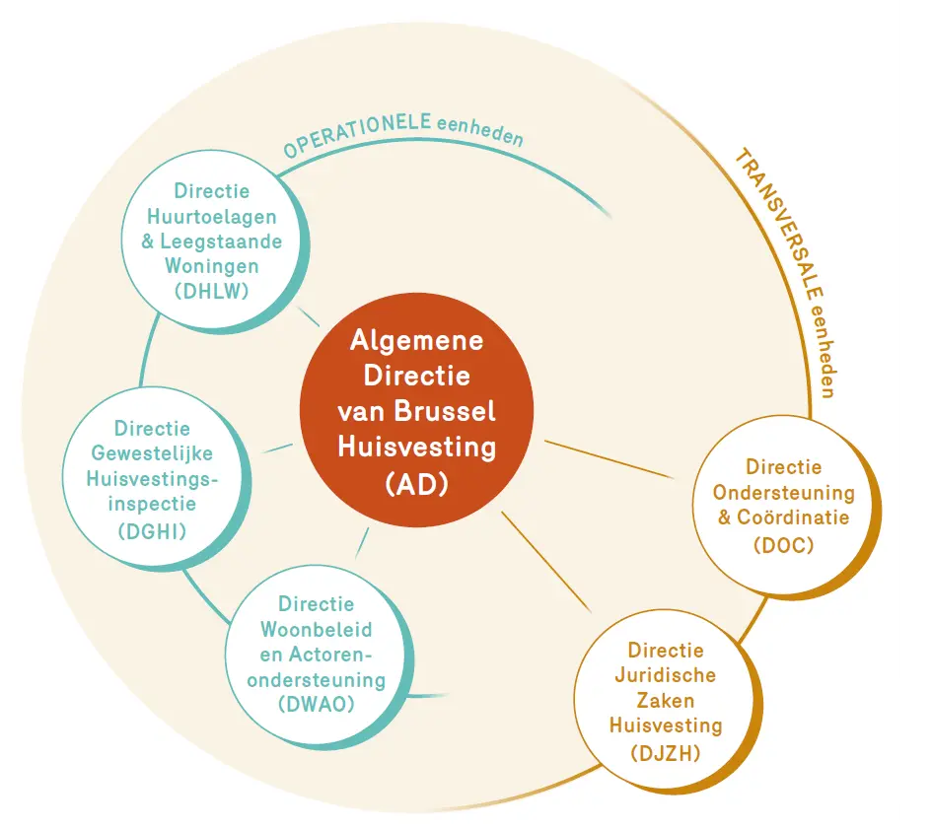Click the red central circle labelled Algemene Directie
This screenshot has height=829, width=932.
(416, 409)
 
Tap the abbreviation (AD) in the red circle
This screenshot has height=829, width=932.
(416, 484)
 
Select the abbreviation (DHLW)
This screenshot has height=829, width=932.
(212, 291)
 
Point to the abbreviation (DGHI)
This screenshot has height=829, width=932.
(153, 530)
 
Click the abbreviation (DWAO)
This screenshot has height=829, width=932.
(317, 704)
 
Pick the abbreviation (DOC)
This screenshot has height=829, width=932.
(783, 545)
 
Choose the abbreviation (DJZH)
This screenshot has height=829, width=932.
(665, 753)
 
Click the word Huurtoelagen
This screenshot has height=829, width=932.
(212, 216)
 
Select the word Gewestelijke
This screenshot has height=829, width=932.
(152, 453)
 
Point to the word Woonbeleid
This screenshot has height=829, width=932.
(317, 629)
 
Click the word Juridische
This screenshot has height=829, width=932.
(665, 675)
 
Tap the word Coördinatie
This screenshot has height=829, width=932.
(793, 517)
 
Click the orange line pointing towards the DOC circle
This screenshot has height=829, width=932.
(609, 458)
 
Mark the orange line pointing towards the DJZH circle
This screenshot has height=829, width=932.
(546, 562)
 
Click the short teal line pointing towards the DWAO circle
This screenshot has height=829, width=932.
(362, 543)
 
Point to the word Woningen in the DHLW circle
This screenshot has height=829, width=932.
(212, 266)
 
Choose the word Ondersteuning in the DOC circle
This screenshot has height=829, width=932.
(783, 493)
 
